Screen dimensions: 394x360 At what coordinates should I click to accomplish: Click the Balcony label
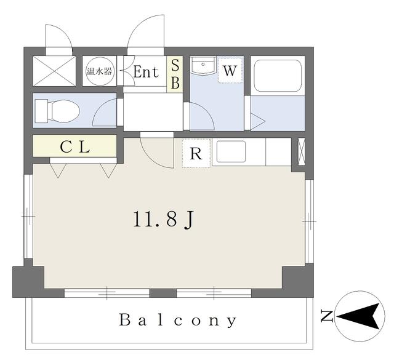[x=178, y=320]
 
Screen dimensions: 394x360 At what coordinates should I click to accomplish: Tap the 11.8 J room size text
[x=163, y=219]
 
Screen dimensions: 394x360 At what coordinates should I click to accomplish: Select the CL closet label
[x=75, y=147]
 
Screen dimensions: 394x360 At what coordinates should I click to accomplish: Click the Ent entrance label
[x=146, y=72]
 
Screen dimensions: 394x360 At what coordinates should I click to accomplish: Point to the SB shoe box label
[x=175, y=73]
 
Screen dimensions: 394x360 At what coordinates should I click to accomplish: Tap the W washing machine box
[x=230, y=70]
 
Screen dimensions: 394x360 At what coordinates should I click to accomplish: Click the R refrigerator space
[x=196, y=153]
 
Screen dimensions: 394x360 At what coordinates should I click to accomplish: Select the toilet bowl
[x=58, y=111]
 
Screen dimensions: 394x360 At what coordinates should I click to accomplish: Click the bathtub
[x=278, y=76]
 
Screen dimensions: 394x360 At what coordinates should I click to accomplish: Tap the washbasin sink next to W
[x=203, y=66]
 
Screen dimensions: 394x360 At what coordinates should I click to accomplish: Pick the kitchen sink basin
[x=231, y=151]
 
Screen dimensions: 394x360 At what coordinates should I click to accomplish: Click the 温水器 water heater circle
[x=100, y=71]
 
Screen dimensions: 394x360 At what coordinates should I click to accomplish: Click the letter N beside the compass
[x=327, y=316]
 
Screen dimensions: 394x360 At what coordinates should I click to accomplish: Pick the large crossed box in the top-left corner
[x=54, y=71]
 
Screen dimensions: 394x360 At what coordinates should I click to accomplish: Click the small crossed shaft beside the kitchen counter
[x=301, y=151]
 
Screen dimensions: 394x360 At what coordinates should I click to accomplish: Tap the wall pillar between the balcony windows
[x=163, y=293]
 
